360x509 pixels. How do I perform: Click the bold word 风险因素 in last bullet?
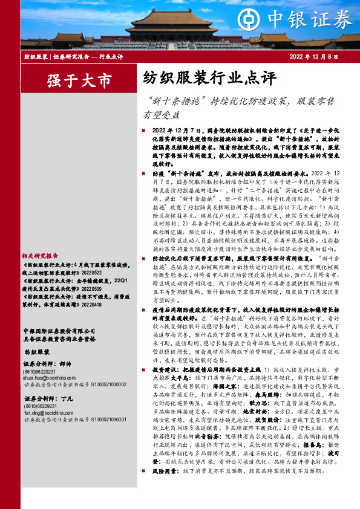click(163, 470)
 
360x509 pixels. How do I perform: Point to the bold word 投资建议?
click(163, 351)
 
